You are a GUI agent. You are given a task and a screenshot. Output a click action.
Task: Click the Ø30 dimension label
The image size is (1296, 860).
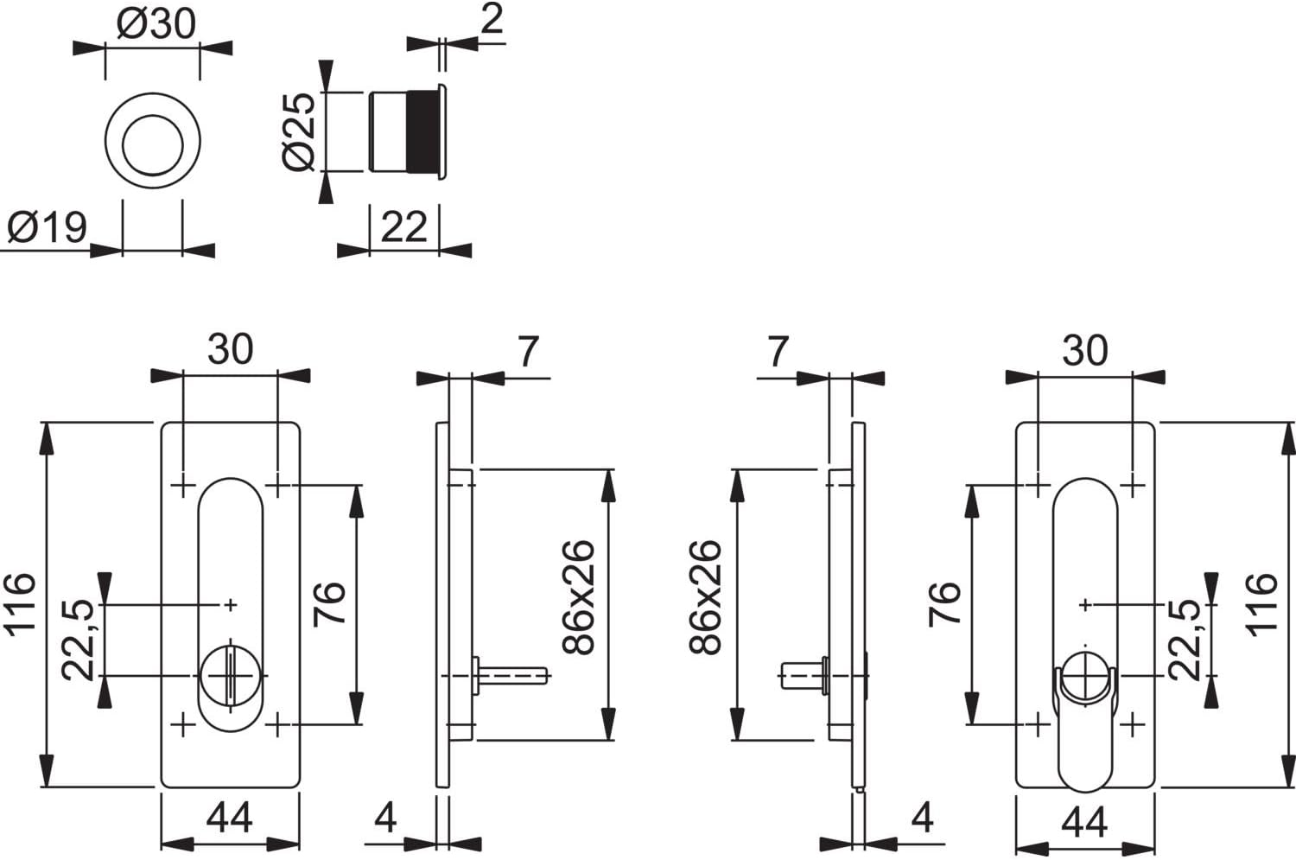(156, 25)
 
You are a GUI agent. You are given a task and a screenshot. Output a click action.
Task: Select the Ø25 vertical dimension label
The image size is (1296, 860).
(299, 132)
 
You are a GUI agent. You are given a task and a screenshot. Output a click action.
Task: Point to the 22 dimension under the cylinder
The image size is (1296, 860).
(403, 227)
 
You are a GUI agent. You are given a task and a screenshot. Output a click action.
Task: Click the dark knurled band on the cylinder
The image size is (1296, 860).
(423, 131)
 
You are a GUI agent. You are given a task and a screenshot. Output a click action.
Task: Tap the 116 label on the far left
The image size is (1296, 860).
(21, 605)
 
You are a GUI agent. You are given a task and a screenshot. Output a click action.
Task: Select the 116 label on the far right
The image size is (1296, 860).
(1261, 605)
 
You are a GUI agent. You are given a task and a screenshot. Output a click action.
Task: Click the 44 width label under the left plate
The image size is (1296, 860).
(230, 818)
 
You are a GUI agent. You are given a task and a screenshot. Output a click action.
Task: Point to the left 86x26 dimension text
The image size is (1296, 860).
(579, 598)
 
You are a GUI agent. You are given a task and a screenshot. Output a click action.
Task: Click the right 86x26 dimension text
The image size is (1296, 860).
(705, 598)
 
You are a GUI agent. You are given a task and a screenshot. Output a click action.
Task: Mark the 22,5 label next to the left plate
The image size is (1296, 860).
(78, 640)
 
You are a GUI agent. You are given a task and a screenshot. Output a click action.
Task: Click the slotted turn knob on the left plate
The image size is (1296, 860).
(231, 675)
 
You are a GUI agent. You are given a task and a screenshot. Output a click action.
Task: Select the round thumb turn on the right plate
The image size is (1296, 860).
(1085, 676)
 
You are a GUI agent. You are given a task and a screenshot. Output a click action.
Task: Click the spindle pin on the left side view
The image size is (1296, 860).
(512, 675)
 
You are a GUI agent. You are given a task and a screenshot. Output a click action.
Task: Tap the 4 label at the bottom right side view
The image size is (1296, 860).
(922, 818)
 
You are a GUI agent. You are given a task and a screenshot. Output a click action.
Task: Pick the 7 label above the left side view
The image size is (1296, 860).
(528, 351)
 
